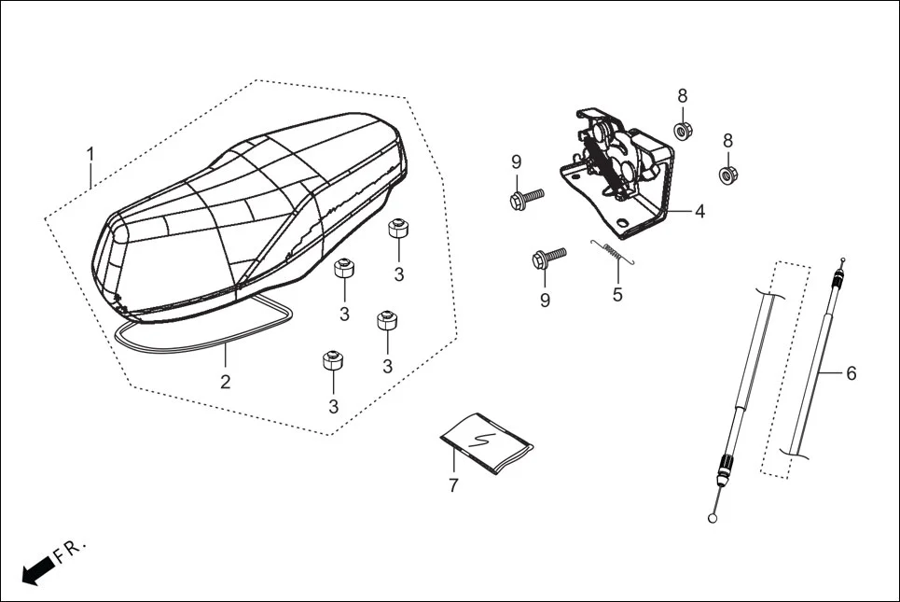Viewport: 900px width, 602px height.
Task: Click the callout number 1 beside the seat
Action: (x=90, y=153)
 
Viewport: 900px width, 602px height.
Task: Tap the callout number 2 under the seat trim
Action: (x=225, y=381)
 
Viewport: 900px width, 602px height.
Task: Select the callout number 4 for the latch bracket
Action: (x=699, y=211)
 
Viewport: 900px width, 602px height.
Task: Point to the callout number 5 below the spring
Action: (x=616, y=295)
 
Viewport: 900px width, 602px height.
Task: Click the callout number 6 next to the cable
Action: (x=851, y=373)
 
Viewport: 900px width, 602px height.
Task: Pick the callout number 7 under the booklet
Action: (x=454, y=485)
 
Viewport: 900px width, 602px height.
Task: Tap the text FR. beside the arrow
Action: (x=71, y=550)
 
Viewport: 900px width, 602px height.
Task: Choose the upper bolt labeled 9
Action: (x=525, y=198)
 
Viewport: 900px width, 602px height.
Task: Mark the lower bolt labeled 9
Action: (x=547, y=258)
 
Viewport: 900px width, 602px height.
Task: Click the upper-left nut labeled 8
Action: (x=682, y=130)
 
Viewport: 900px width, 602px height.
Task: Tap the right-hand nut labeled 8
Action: (x=727, y=174)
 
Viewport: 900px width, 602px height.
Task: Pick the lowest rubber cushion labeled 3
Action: (x=332, y=360)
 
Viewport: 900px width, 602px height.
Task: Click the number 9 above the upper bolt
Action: (x=516, y=162)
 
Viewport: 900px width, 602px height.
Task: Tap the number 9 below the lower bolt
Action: (x=545, y=300)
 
